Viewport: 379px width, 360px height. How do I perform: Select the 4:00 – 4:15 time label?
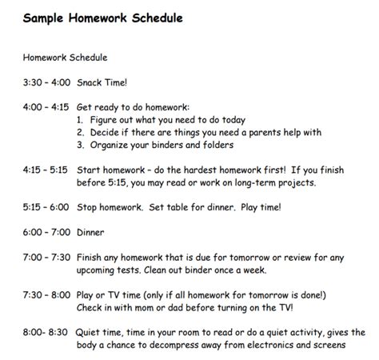point(46,106)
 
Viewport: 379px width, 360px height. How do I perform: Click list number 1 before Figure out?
point(81,118)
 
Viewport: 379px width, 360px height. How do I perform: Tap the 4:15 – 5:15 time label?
point(46,170)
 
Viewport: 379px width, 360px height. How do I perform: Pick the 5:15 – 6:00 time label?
point(46,206)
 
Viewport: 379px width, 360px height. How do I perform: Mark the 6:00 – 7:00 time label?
point(46,232)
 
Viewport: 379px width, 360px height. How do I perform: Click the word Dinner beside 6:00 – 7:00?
point(91,232)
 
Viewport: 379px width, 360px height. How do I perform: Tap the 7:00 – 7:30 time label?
point(46,258)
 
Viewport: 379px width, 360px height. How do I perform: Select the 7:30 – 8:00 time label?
point(46,294)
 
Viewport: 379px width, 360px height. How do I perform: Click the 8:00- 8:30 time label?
point(44,331)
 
